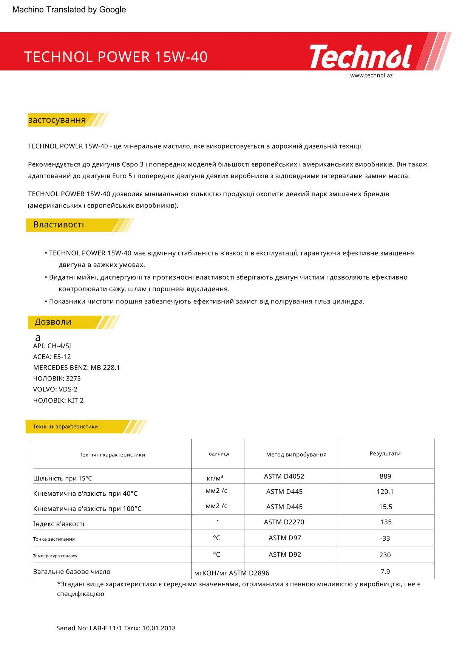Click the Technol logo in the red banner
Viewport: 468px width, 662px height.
click(360, 57)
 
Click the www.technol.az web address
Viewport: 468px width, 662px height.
click(371, 75)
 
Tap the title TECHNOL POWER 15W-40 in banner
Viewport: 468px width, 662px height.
click(116, 57)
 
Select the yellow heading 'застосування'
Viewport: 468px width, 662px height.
click(57, 120)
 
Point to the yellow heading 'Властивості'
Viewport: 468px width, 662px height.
click(59, 224)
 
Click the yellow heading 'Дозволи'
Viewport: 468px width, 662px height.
click(53, 322)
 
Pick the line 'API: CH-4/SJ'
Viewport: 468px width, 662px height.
click(52, 346)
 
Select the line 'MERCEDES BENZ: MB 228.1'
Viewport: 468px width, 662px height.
click(76, 368)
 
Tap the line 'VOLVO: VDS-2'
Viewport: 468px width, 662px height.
click(55, 389)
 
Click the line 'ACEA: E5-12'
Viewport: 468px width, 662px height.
click(52, 357)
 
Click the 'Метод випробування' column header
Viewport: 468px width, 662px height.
click(296, 455)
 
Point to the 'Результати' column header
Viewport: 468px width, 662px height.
click(385, 453)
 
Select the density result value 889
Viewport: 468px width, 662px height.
click(385, 476)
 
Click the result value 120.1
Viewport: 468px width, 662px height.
click(385, 492)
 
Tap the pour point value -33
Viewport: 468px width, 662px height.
click(385, 538)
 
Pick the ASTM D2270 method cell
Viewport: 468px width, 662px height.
click(284, 522)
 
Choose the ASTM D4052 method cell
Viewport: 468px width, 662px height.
click(284, 476)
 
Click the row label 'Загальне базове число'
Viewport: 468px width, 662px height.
click(72, 572)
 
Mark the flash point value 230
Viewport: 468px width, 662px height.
click(385, 555)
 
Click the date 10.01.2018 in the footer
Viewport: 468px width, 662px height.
click(159, 628)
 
